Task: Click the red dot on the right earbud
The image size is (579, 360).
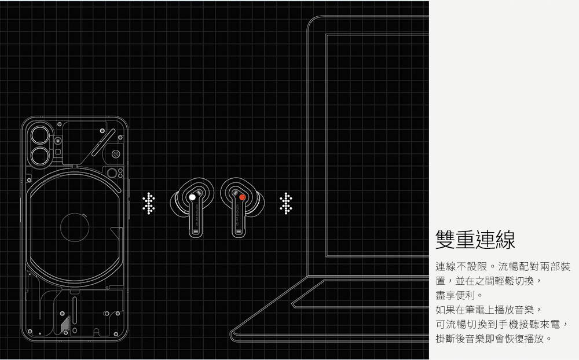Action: pyautogui.click(x=242, y=197)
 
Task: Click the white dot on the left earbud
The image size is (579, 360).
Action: pyautogui.click(x=192, y=197)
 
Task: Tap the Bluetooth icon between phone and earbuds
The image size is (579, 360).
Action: pyautogui.click(x=149, y=203)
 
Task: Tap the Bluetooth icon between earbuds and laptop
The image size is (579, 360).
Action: pyautogui.click(x=285, y=203)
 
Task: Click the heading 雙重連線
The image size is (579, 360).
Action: pyautogui.click(x=475, y=238)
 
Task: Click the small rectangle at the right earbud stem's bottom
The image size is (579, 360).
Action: pyautogui.click(x=239, y=232)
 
